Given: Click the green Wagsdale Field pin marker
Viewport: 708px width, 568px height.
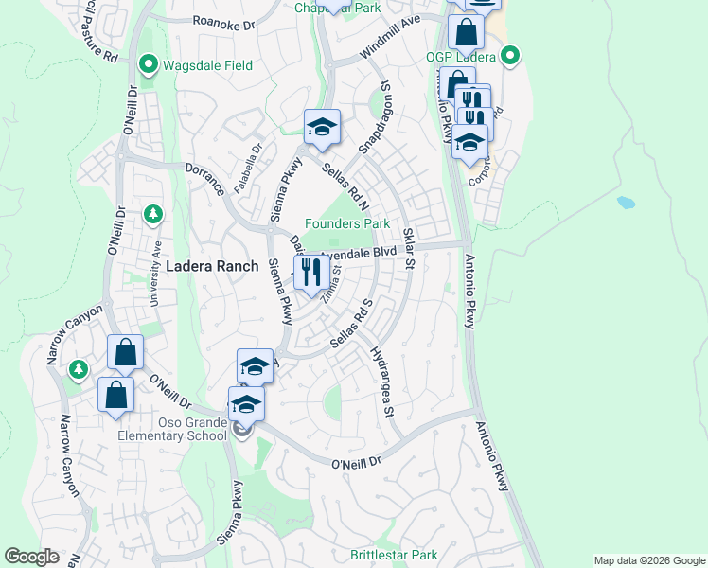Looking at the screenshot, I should (x=148, y=65).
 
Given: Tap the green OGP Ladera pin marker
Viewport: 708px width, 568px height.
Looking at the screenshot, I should (x=510, y=57).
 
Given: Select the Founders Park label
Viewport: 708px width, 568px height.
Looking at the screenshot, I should (x=347, y=224).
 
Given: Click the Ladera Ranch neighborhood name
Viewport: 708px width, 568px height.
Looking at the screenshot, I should (x=212, y=267).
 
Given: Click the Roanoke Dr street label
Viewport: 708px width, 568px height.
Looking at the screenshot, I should (x=223, y=21).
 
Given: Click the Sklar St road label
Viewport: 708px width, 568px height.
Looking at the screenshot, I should (x=410, y=245).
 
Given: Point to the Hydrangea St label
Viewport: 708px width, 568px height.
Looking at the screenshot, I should (x=381, y=381).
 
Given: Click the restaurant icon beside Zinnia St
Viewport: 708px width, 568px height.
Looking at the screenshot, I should (x=310, y=273).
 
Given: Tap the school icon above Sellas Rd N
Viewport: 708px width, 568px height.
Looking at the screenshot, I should (x=322, y=127).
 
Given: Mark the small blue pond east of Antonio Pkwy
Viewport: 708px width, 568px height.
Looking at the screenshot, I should (x=626, y=202).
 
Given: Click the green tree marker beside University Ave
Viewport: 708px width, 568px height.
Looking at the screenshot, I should (x=153, y=215).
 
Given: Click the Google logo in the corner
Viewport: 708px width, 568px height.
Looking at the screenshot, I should (x=31, y=557).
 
